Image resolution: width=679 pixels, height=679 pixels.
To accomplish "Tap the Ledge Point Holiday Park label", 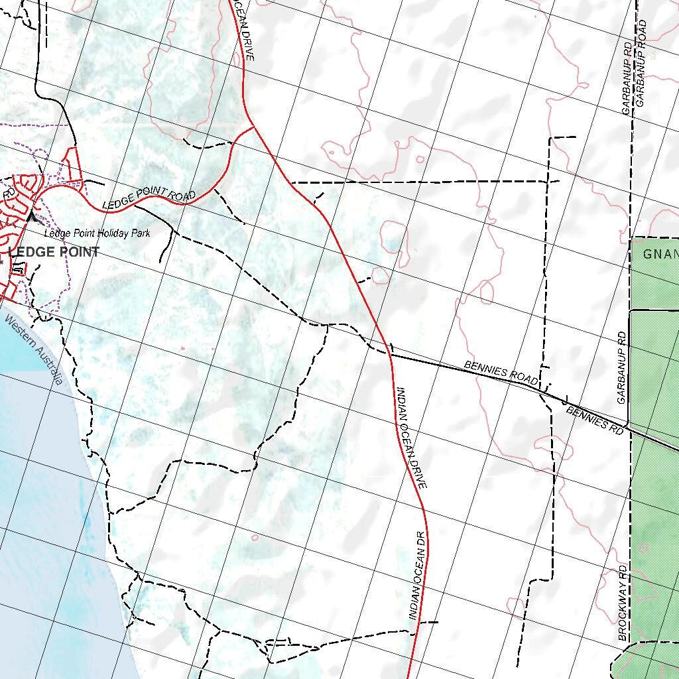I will [x=97, y=233].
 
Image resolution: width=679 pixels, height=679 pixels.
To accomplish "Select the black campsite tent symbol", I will [x=33, y=217].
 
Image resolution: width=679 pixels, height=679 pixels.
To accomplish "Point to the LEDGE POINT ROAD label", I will [x=149, y=198].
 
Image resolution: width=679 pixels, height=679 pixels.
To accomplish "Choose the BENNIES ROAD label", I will [x=501, y=371].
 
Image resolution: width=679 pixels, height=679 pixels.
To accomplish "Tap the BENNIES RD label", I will [x=595, y=420].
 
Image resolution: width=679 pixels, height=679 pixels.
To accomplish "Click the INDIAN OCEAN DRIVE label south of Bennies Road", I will [x=411, y=438].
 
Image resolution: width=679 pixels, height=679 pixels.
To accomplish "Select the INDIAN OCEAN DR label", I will [x=416, y=575].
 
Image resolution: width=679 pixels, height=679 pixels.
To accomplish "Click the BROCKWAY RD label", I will [x=623, y=602].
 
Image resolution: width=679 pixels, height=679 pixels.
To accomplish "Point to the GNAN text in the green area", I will [x=660, y=253].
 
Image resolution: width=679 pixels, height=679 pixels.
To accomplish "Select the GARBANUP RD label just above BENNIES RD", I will [x=621, y=368].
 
